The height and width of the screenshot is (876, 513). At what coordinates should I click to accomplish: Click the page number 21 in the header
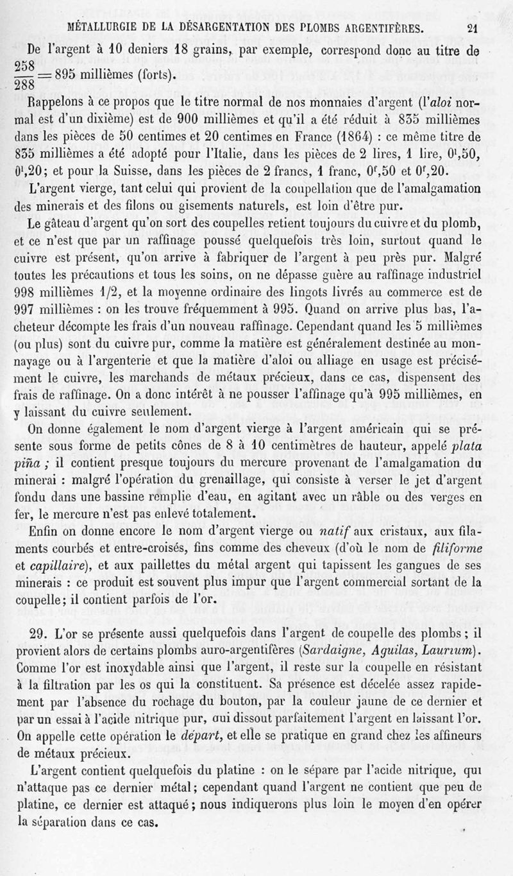[474, 28]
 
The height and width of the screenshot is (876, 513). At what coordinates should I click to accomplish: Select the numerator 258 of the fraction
[25, 67]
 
